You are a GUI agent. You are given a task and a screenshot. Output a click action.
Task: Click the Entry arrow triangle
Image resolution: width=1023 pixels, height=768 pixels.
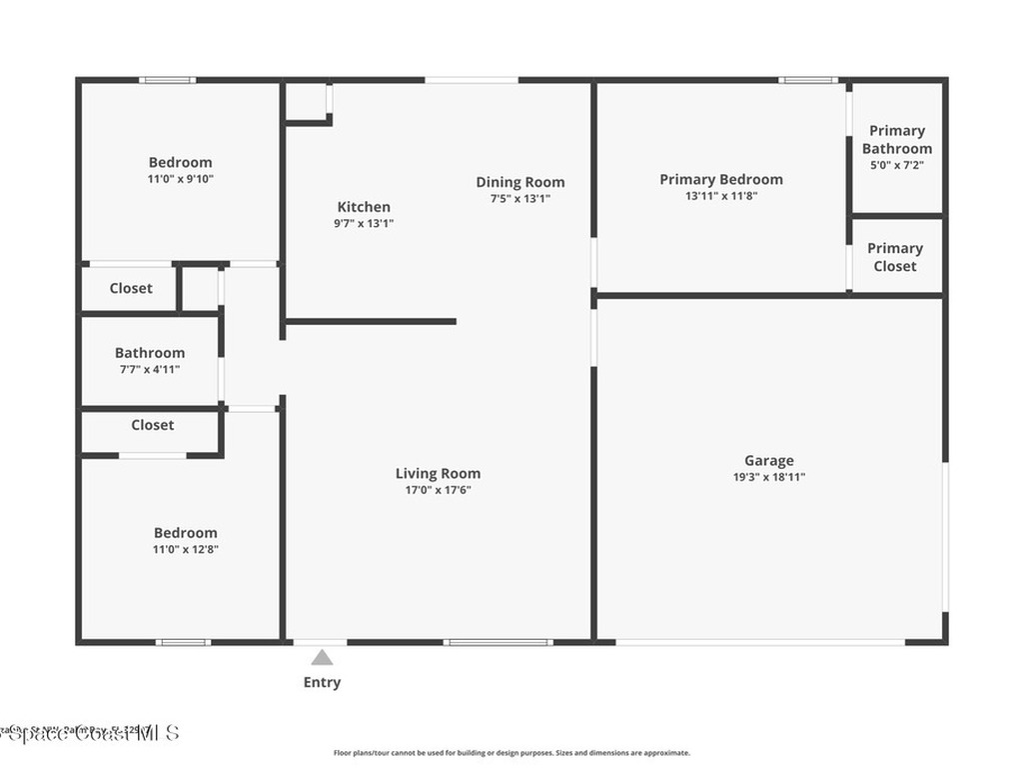coord(322,657)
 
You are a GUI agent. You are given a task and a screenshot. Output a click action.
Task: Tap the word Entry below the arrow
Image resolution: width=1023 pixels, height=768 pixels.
coord(322,683)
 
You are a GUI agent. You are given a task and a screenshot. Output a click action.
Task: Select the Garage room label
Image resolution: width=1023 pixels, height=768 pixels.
coord(768,461)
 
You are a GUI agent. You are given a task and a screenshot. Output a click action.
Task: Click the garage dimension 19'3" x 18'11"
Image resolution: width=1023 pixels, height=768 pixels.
coord(768,477)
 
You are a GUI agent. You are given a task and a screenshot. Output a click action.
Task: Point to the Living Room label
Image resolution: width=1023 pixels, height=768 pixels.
coord(438,474)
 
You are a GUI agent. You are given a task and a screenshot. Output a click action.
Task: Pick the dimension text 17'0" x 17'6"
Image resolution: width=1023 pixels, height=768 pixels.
coord(438,490)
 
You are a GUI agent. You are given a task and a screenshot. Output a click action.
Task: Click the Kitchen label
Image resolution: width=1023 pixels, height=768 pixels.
coord(364,207)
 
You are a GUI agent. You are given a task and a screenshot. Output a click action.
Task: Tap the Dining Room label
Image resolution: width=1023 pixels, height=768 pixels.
coord(519,182)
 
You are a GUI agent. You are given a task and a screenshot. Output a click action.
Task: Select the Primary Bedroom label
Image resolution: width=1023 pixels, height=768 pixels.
coord(721,180)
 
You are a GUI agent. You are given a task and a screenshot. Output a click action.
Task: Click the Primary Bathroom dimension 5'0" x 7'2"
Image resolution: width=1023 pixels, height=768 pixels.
coord(895,165)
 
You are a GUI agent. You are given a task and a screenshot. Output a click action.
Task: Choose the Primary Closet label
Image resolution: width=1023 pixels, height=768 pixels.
coord(895,257)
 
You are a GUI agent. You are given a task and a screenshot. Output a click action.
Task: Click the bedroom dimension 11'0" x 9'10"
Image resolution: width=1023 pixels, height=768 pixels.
coord(181,179)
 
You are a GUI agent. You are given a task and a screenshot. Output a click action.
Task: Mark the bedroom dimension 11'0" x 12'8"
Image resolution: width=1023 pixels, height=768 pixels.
coord(185,549)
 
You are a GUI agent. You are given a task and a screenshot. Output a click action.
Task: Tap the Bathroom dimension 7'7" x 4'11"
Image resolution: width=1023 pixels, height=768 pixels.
coord(150,369)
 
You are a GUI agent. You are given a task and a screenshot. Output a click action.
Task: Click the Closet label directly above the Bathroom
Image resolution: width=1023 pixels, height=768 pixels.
coord(131,288)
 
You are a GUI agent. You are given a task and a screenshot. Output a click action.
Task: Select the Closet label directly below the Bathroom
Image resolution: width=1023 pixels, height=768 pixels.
coord(153,425)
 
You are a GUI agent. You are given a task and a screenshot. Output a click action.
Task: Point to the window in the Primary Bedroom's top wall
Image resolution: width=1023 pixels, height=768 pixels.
coord(808,80)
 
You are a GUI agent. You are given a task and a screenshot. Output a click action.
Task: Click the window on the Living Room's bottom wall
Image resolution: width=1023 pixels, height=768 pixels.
coord(498,642)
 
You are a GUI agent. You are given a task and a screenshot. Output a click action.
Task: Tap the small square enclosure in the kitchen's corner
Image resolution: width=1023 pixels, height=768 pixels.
coord(308,102)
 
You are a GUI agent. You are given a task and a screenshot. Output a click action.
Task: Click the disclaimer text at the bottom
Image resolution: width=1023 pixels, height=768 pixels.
coord(511,753)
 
